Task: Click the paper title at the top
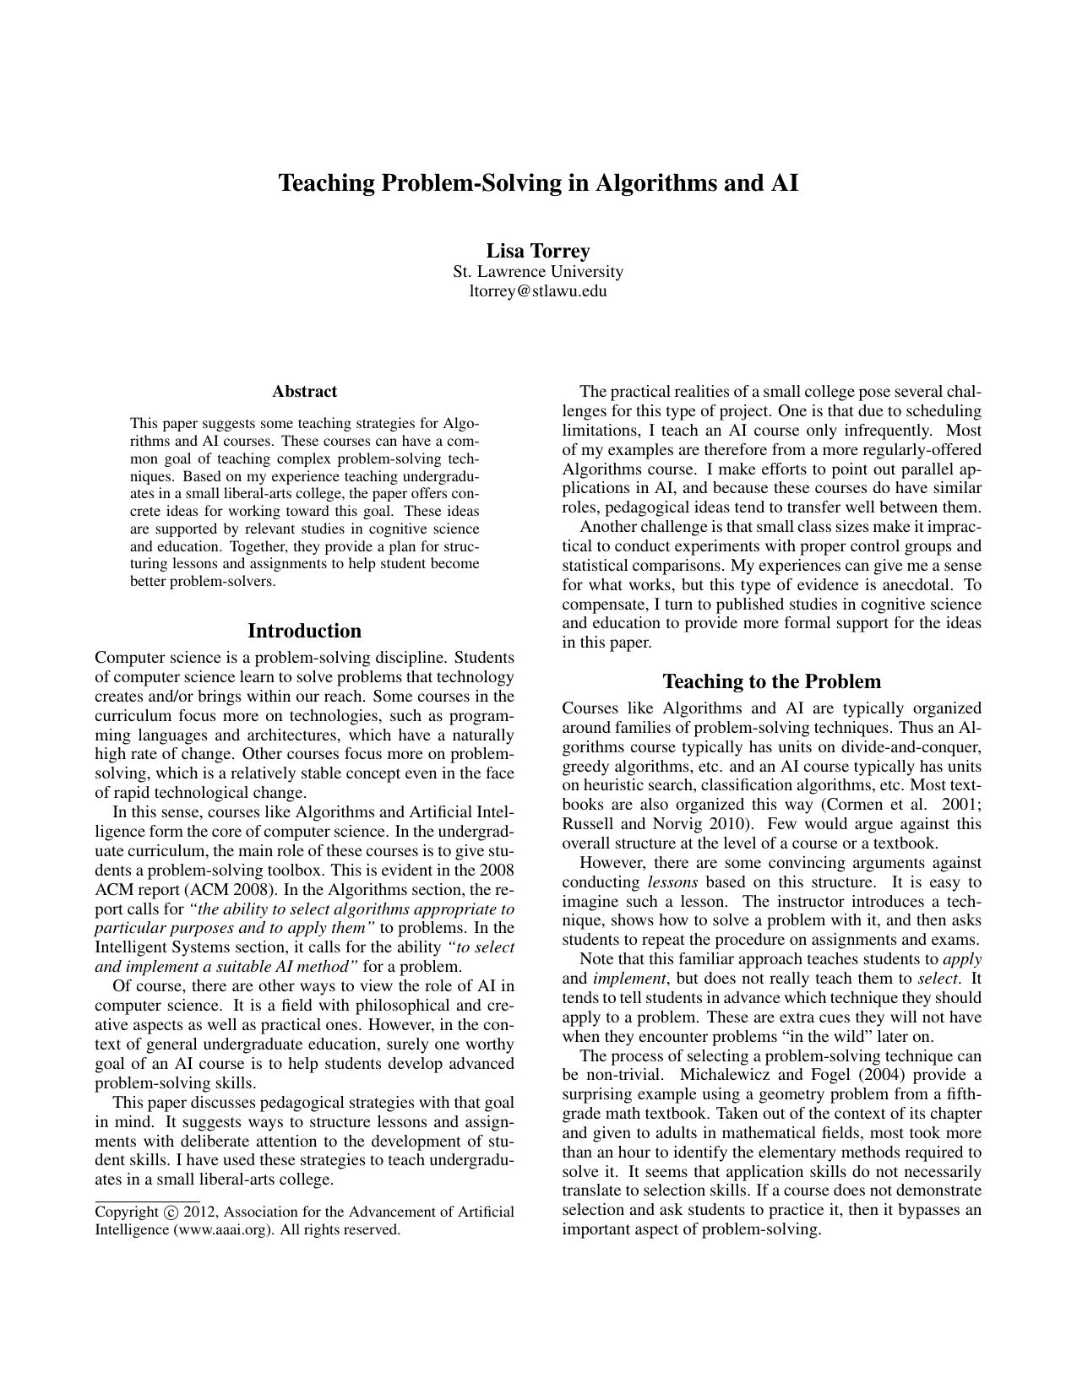click(x=538, y=183)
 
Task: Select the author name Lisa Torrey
click(x=538, y=251)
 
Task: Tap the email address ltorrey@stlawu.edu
click(x=538, y=291)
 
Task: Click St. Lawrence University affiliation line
click(x=538, y=272)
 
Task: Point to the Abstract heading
click(x=304, y=392)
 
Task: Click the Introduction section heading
click(x=304, y=631)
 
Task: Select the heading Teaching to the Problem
click(x=771, y=681)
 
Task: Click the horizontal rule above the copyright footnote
click(x=147, y=1201)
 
